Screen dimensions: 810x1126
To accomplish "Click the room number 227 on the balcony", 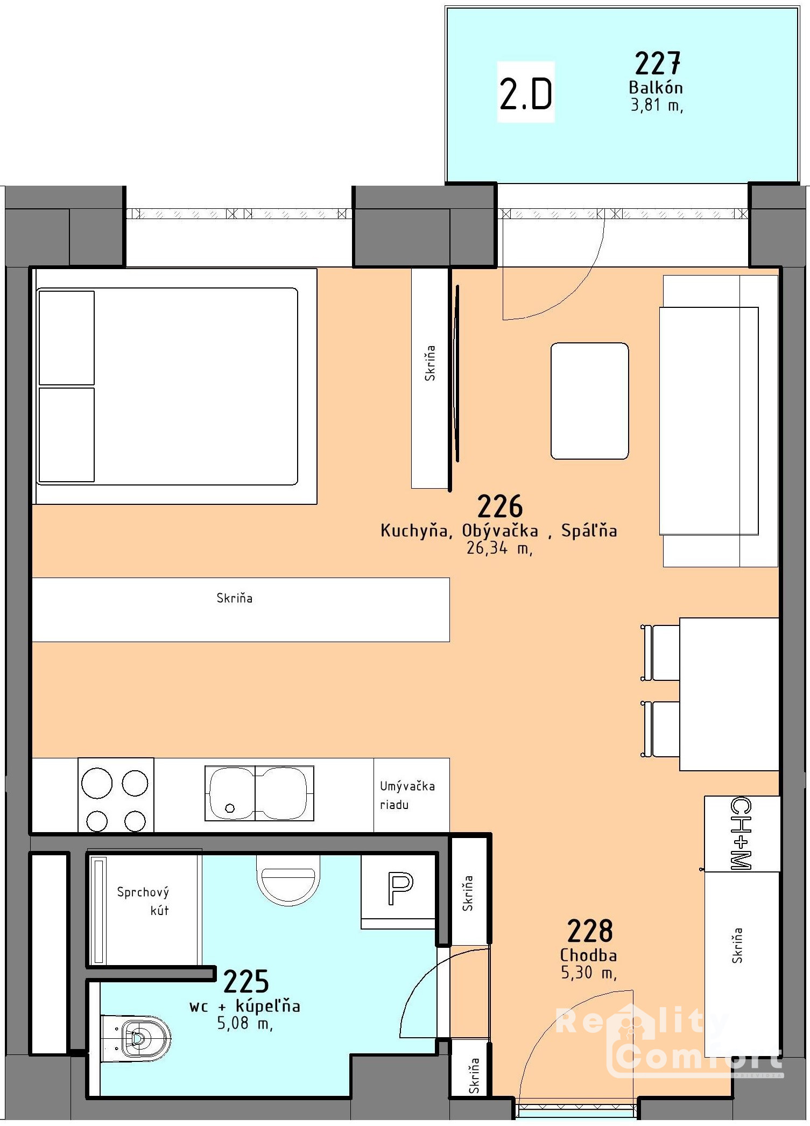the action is pos(657,64).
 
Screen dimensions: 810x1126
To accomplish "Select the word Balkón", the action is pos(656,87).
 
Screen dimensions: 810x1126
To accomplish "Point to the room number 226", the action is pos(500,506).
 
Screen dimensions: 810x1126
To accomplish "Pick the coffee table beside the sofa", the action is pos(589,401).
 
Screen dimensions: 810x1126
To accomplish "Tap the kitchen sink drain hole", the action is pos(230,808).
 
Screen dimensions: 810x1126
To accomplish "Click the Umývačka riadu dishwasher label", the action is pos(407,795).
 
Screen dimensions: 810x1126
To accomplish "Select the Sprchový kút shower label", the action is pos(143,901).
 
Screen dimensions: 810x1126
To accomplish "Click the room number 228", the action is pos(590,931).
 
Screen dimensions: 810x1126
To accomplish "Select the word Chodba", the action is pos(588,955).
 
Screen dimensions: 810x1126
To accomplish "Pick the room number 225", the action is pos(246,982).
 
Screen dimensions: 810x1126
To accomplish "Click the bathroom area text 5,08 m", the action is pos(245,1023).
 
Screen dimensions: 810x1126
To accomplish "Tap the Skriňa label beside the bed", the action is pos(430,363).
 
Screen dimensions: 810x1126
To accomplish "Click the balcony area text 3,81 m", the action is pos(657,105).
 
